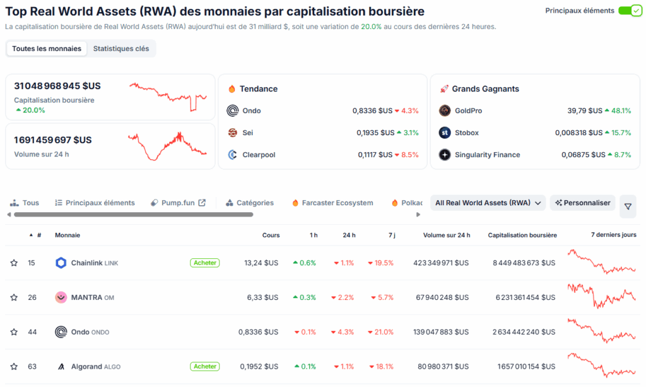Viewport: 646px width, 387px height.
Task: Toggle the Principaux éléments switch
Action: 629,11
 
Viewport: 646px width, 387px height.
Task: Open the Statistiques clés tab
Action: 121,49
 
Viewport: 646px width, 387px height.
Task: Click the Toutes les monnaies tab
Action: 47,49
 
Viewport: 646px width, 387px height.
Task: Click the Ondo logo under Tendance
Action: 232,110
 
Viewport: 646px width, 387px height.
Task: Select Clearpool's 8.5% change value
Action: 406,155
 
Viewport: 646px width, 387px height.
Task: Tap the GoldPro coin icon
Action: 445,110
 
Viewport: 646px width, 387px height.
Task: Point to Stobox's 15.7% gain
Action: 618,133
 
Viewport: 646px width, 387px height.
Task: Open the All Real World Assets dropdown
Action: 488,203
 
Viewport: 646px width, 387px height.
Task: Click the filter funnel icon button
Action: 628,206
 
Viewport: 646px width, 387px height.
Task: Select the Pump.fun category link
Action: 179,203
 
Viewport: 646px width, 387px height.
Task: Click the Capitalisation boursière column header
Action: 522,235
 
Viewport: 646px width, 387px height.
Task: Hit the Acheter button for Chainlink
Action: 204,263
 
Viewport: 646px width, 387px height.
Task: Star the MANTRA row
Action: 14,297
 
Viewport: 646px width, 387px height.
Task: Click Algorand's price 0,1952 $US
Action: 259,366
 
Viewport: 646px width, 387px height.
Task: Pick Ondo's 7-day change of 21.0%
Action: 382,332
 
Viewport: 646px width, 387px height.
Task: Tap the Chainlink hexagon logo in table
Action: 61,263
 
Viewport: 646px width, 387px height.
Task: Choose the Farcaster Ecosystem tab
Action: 332,203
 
